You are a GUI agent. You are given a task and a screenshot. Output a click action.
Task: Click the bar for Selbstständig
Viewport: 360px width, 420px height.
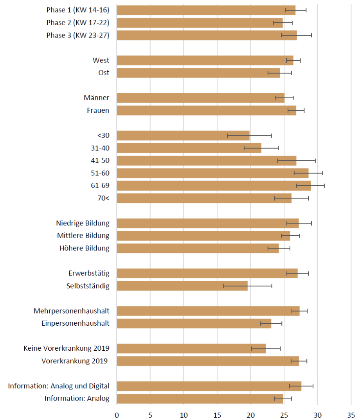click(x=182, y=286)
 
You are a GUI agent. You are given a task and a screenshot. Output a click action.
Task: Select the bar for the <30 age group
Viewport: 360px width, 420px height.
click(x=183, y=135)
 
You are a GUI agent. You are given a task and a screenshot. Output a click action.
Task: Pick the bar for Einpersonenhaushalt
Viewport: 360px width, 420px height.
click(x=194, y=323)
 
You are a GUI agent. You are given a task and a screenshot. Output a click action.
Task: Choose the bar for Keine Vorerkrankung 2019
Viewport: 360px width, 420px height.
click(x=191, y=348)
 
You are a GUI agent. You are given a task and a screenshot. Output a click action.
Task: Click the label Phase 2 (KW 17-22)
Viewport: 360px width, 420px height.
click(x=78, y=23)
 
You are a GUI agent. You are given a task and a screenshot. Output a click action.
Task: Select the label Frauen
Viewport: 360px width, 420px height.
click(x=98, y=110)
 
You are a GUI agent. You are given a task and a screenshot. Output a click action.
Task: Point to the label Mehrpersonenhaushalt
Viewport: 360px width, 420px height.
click(x=71, y=311)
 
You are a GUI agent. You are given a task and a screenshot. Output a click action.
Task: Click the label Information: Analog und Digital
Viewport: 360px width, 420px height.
click(x=59, y=386)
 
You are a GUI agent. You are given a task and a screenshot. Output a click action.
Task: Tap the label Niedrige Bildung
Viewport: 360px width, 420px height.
click(x=83, y=223)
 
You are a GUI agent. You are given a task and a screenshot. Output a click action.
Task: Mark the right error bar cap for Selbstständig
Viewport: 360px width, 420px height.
click(x=272, y=286)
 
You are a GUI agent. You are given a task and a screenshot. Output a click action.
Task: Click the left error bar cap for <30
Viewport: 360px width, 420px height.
click(x=227, y=135)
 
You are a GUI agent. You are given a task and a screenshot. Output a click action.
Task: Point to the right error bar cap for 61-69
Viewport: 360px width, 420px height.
click(x=325, y=186)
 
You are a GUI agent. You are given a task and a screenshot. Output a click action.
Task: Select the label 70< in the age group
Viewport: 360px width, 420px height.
click(x=103, y=198)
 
